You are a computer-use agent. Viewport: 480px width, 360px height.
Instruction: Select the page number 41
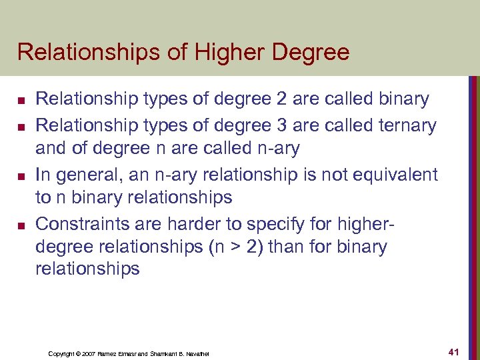click(x=455, y=351)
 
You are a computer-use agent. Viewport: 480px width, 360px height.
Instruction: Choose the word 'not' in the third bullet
click(x=329, y=175)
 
